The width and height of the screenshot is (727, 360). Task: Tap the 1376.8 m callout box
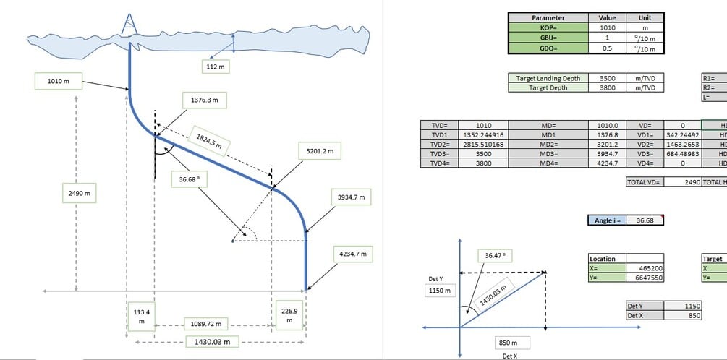pos(205,99)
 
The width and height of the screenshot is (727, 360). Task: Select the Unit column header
pos(645,17)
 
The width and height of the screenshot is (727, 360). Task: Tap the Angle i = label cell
pos(606,220)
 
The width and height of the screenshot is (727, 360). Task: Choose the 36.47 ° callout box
pos(497,256)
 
